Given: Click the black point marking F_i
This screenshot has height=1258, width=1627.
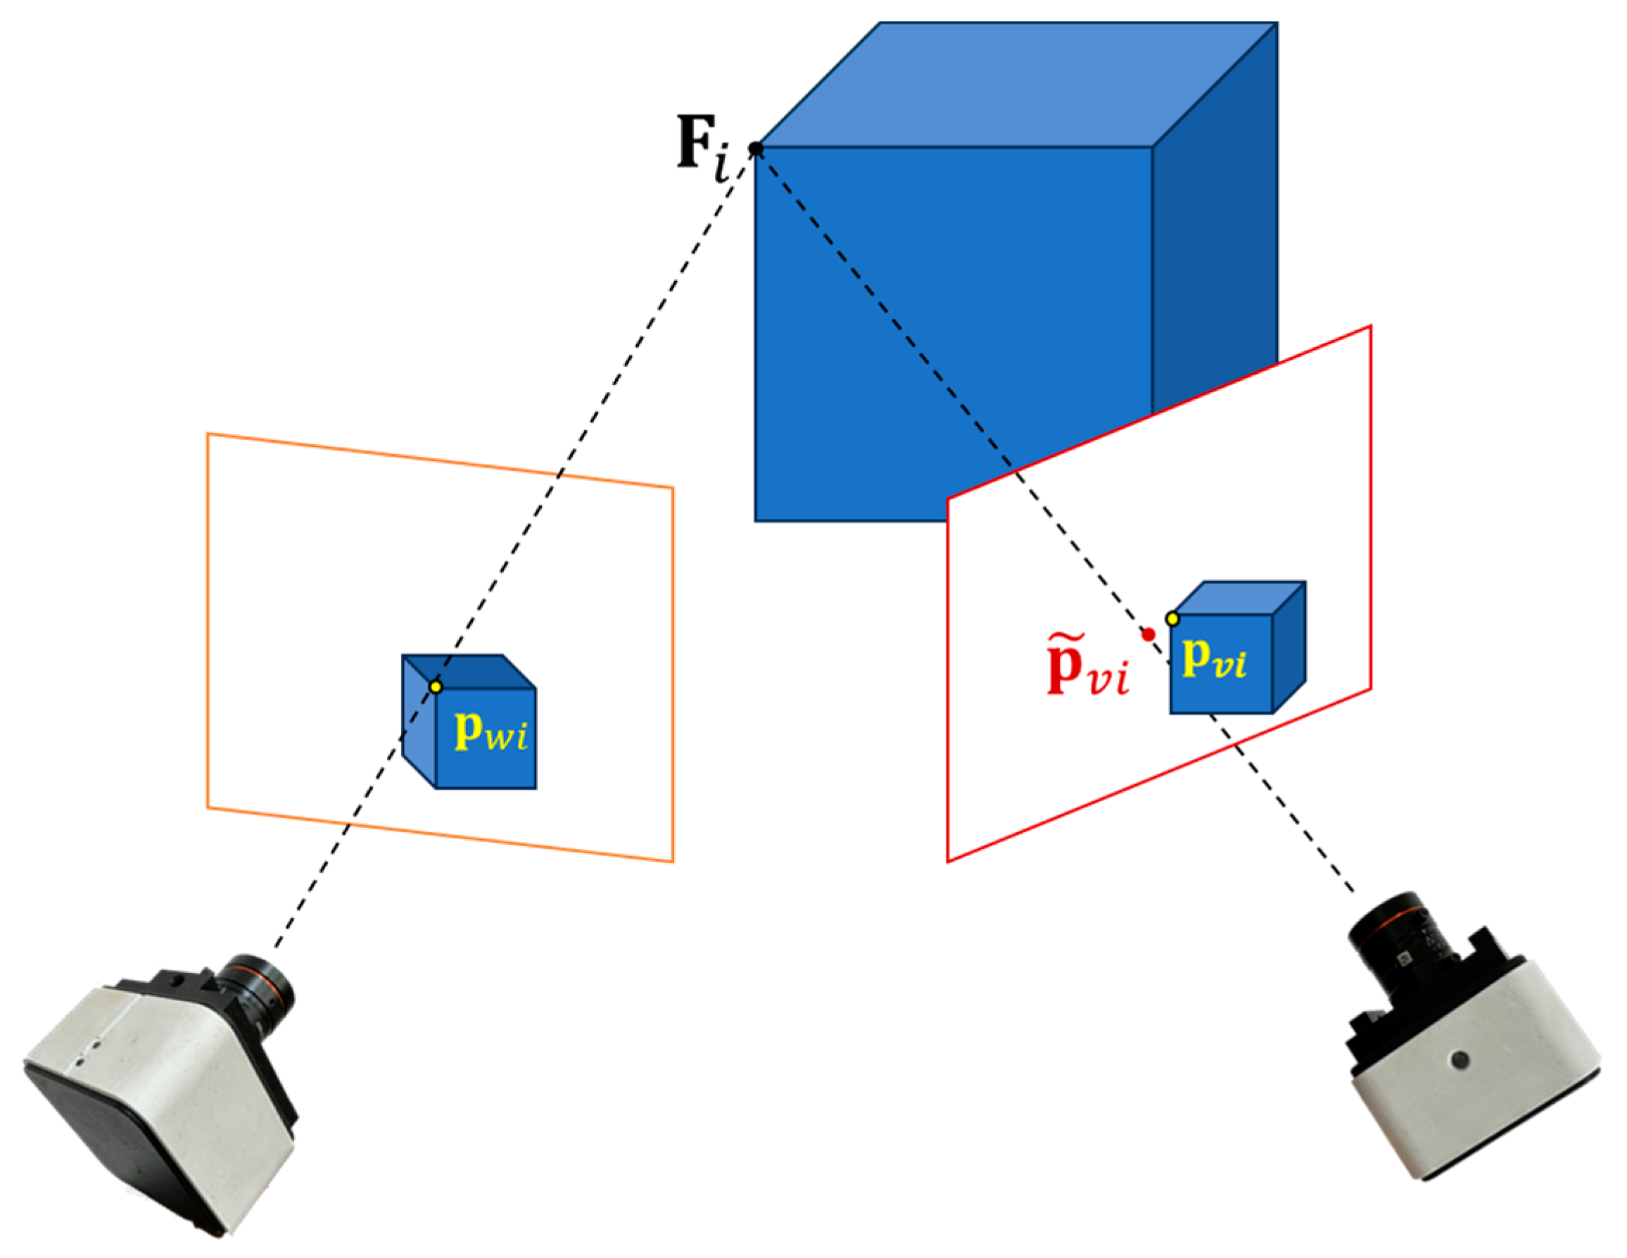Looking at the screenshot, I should (755, 149).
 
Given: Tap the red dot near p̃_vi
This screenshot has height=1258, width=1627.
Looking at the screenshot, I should (1148, 634).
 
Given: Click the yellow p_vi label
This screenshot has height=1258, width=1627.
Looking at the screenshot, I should (1215, 659).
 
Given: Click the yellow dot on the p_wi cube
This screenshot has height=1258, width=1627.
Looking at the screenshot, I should (436, 686).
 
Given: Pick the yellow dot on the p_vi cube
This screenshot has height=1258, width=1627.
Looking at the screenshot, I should (1172, 619).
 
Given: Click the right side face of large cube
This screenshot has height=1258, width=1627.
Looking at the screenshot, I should (1215, 246).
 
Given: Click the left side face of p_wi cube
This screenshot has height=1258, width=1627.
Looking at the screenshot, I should (418, 723).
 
